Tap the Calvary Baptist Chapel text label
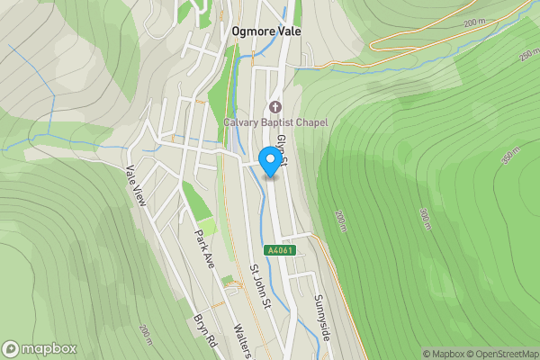(x=276, y=122)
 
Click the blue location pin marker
(x=269, y=160)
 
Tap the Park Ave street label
(x=206, y=247)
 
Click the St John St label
(x=260, y=285)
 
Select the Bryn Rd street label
(x=206, y=332)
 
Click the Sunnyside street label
(x=324, y=315)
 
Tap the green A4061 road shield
(x=279, y=250)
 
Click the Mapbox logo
(x=40, y=348)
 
